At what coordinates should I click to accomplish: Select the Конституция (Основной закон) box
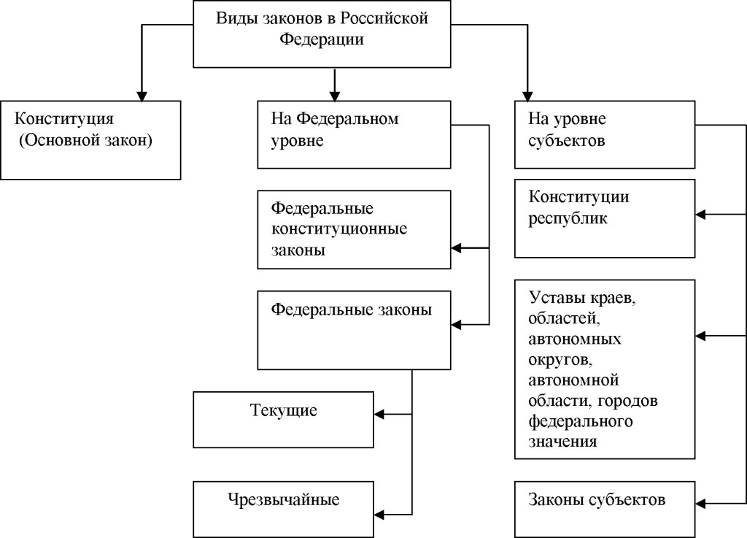pos(90,139)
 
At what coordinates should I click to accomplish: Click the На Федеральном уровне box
pos(355,135)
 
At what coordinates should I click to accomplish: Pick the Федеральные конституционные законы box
pos(355,229)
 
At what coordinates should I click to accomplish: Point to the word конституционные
pos(339,229)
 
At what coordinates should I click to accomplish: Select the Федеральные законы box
pos(355,328)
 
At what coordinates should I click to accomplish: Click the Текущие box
pos(284,419)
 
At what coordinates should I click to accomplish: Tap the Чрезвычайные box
pos(284,509)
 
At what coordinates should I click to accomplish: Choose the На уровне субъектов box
pos(604,135)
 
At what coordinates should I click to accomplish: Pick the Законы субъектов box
pos(604,509)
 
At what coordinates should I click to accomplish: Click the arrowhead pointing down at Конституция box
pos(142,95)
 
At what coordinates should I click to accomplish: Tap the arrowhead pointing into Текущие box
pos(380,415)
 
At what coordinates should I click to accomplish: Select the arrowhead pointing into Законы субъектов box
pos(700,502)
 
